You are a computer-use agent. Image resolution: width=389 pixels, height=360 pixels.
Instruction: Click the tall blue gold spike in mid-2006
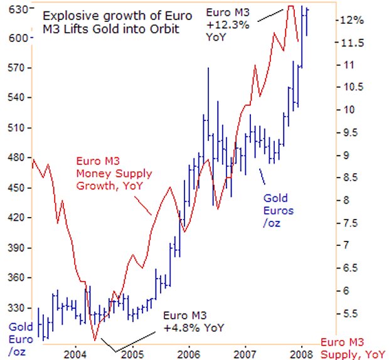point(208,68)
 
